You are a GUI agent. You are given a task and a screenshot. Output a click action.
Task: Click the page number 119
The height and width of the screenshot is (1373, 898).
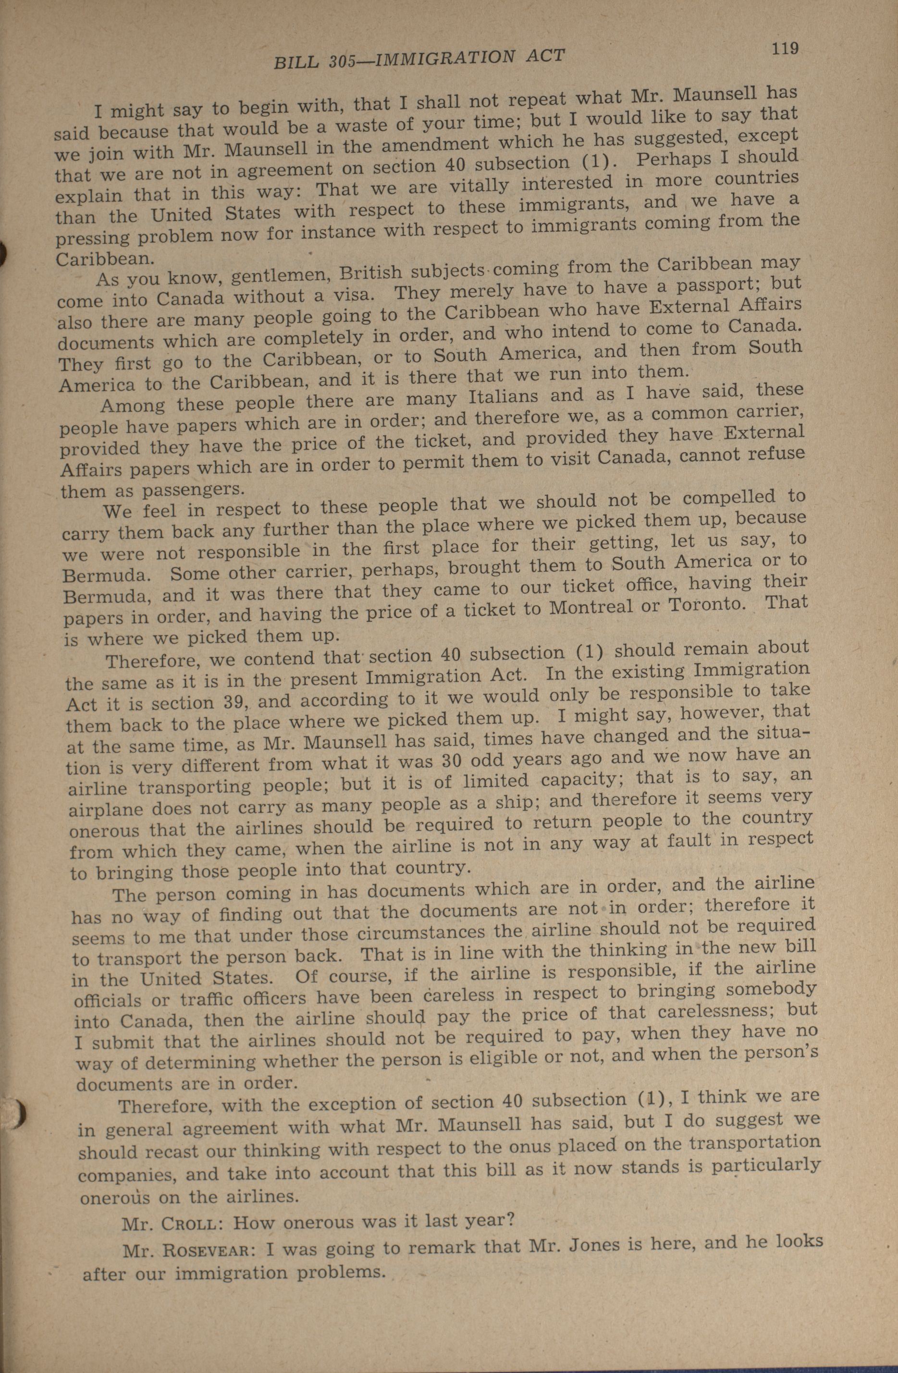pyautogui.click(x=785, y=49)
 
